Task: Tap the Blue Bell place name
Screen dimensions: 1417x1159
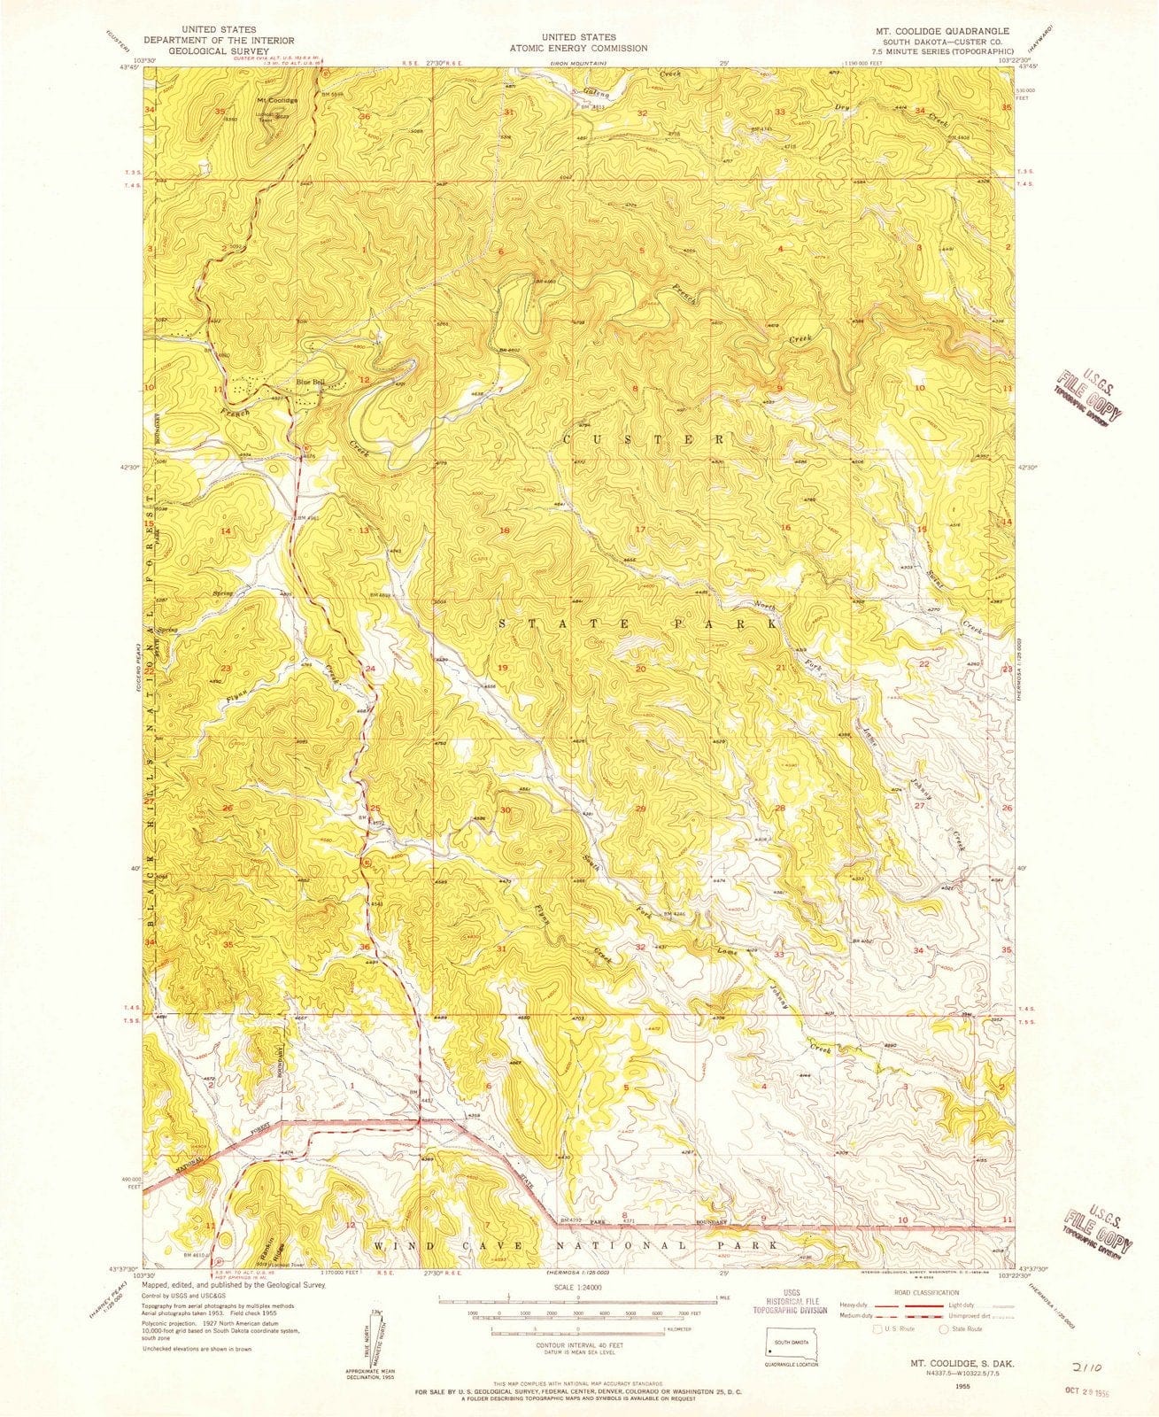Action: tap(310, 383)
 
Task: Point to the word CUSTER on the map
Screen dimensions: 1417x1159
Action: tap(644, 439)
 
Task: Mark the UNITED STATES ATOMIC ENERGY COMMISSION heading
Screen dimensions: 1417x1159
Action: tap(579, 43)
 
